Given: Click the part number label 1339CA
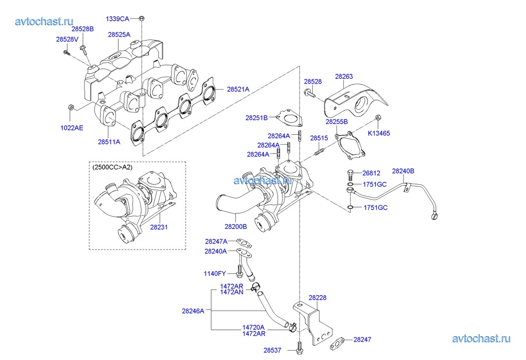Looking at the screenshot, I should click(x=117, y=19).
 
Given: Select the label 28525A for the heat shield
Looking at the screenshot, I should click(x=119, y=35).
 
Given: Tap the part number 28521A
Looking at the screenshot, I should click(x=238, y=89).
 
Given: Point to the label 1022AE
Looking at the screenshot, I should click(x=72, y=128).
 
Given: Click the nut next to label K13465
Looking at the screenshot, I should click(x=379, y=118).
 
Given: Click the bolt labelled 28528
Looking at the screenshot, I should click(x=310, y=92).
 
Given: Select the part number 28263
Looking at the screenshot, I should click(x=344, y=77).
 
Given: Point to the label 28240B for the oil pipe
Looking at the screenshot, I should click(x=403, y=171).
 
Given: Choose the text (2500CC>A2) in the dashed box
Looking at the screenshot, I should click(x=112, y=167).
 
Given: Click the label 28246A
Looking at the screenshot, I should click(x=193, y=311).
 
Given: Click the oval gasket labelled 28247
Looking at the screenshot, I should click(x=338, y=341).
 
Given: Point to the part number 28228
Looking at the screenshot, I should click(x=317, y=298).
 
